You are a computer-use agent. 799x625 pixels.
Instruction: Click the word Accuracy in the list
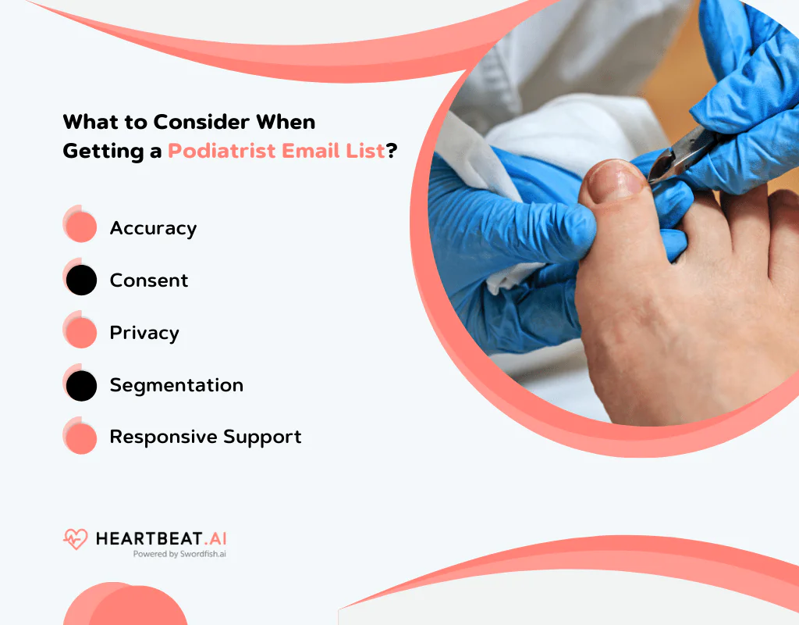(153, 228)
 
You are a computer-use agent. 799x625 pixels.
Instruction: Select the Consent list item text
(149, 280)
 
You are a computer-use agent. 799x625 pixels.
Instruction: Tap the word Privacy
(144, 333)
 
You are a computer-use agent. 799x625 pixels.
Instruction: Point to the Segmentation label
(176, 385)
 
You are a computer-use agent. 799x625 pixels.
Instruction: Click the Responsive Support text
(205, 437)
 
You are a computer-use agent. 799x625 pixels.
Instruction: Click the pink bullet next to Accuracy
(80, 227)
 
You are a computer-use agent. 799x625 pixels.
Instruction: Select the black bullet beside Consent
(80, 280)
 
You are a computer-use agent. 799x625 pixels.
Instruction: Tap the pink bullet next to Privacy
(80, 332)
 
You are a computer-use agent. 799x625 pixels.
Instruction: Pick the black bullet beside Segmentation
(80, 385)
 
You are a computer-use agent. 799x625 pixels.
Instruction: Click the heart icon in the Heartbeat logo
(76, 539)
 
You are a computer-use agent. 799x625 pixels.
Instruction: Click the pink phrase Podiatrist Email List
(277, 151)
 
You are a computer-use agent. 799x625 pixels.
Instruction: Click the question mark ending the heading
(392, 151)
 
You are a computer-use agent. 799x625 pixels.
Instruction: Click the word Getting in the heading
(99, 151)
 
